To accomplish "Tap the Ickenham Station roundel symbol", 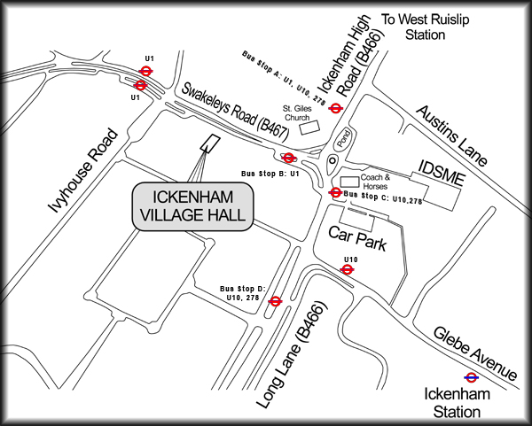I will coord(472,376).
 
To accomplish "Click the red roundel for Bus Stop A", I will coord(335,108).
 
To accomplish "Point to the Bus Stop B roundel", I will coord(288,158).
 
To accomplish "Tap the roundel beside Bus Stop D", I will coord(276,301).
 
